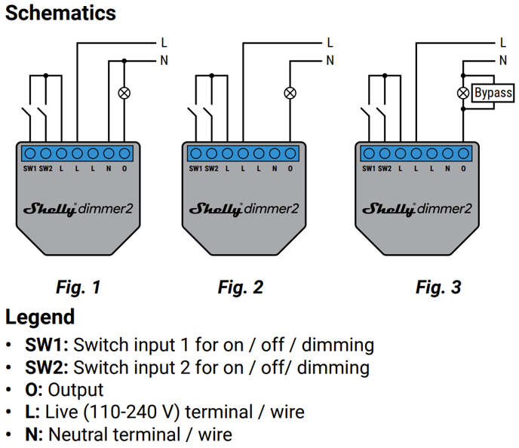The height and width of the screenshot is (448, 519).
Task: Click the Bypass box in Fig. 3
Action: pos(493,93)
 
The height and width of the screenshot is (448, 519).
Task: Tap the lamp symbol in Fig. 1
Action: pos(124,93)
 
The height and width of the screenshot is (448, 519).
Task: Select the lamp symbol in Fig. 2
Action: pos(290,93)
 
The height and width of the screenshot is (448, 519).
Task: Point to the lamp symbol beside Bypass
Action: pos(463,93)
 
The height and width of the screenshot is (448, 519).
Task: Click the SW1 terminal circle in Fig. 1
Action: pos(30,154)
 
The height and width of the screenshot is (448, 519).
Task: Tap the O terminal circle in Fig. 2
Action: pos(290,154)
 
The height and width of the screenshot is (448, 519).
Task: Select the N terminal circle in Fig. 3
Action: pos(447,154)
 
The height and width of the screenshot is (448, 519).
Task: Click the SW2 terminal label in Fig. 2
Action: pos(211,169)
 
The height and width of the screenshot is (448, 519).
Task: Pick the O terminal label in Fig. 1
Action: pos(124,169)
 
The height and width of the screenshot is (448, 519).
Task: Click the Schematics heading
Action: pos(60,14)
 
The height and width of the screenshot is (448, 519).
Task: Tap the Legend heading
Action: pos(40,317)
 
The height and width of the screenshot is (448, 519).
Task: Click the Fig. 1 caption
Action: pos(78,287)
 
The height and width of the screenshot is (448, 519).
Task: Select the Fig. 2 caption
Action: pos(241,287)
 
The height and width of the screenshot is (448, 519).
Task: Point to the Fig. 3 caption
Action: pos(438,287)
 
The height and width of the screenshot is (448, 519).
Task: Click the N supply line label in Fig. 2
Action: pos(330,60)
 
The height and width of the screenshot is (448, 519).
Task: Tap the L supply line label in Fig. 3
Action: pos(503,43)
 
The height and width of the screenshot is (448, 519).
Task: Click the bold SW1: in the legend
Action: pos(47,345)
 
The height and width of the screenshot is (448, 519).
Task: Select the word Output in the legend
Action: pos(75,390)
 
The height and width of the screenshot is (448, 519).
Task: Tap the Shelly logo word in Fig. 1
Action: pos(50,209)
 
